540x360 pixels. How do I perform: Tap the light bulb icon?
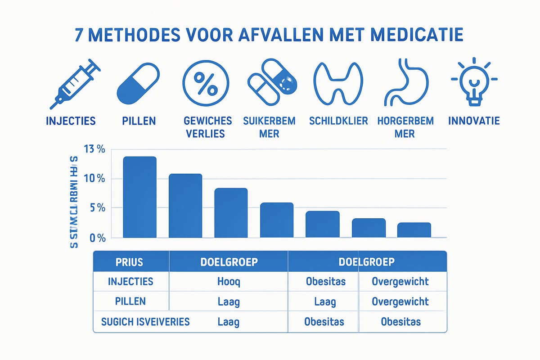tap(474, 83)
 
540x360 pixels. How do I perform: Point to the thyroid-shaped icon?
tap(338, 83)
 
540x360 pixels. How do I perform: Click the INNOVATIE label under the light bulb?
tap(474, 121)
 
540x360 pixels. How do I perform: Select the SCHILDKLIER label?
tap(338, 121)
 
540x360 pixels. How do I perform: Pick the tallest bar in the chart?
tap(139, 197)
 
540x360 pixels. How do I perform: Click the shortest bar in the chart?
tap(414, 230)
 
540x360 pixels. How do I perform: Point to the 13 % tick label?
tap(93, 149)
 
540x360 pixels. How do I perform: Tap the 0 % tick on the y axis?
tap(96, 237)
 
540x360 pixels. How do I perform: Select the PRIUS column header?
tap(130, 262)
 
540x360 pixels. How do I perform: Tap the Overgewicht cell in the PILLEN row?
tap(400, 301)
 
